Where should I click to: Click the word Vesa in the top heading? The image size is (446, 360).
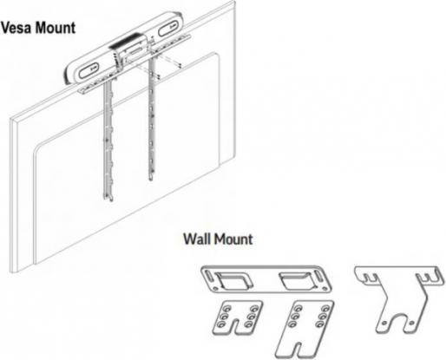[17, 28]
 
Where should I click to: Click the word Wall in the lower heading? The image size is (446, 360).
[199, 237]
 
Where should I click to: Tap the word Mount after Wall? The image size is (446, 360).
[234, 237]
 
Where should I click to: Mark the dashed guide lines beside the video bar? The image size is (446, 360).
[177, 66]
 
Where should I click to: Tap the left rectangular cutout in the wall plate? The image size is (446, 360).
[233, 280]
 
